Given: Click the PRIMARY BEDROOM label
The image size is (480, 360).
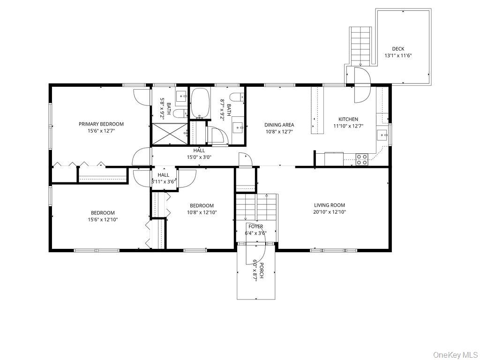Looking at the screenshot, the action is pyautogui.click(x=101, y=124).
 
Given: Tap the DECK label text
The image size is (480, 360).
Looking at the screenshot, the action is pyautogui.click(x=398, y=49).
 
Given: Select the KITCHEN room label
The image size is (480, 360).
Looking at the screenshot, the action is pyautogui.click(x=348, y=119).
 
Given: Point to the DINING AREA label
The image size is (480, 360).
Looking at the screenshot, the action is pyautogui.click(x=279, y=125).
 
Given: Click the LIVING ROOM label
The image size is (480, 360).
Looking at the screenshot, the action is pyautogui.click(x=330, y=205).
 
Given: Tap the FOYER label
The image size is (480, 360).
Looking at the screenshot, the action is pyautogui.click(x=255, y=226).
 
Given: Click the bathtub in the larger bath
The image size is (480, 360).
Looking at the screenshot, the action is pyautogui.click(x=200, y=103).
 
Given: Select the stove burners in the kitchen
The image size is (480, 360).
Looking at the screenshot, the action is pyautogui.click(x=361, y=159).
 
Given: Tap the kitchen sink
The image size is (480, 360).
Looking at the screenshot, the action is pyautogui.click(x=382, y=135).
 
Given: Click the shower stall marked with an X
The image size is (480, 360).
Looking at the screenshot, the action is pyautogui.click(x=170, y=134).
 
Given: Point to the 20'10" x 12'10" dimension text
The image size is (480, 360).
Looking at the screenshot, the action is pyautogui.click(x=330, y=212).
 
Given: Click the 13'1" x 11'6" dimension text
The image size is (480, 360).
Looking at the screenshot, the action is pyautogui.click(x=398, y=56).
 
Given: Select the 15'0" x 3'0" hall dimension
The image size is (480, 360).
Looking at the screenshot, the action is pyautogui.click(x=199, y=157).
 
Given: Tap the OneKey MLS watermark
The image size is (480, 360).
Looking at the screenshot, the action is pyautogui.click(x=456, y=354).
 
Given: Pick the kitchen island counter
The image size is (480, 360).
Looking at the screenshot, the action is pyautogui.click(x=317, y=110).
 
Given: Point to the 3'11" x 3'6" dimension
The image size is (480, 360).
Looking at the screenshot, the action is pyautogui.click(x=164, y=182).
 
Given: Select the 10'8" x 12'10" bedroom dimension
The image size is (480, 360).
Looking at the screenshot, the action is pyautogui.click(x=202, y=212).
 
